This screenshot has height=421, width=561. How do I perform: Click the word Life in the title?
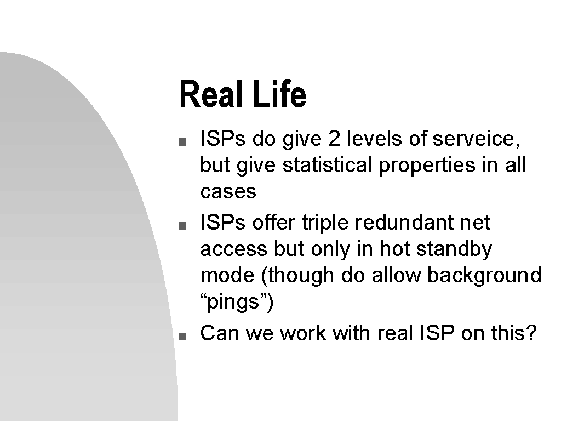point(279,94)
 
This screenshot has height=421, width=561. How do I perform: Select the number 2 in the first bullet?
point(334,139)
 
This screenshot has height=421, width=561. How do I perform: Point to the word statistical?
point(327,165)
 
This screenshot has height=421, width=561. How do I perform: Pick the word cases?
point(228,192)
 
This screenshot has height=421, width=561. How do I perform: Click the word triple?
point(325,224)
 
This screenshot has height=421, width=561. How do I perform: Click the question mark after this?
point(531,333)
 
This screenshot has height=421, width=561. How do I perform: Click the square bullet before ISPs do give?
point(182,142)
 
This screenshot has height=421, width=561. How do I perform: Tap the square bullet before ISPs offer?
point(182,225)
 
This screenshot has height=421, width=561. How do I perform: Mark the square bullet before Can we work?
point(182,336)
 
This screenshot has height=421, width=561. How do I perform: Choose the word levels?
point(374,139)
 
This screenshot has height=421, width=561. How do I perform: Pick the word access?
point(233,249)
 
